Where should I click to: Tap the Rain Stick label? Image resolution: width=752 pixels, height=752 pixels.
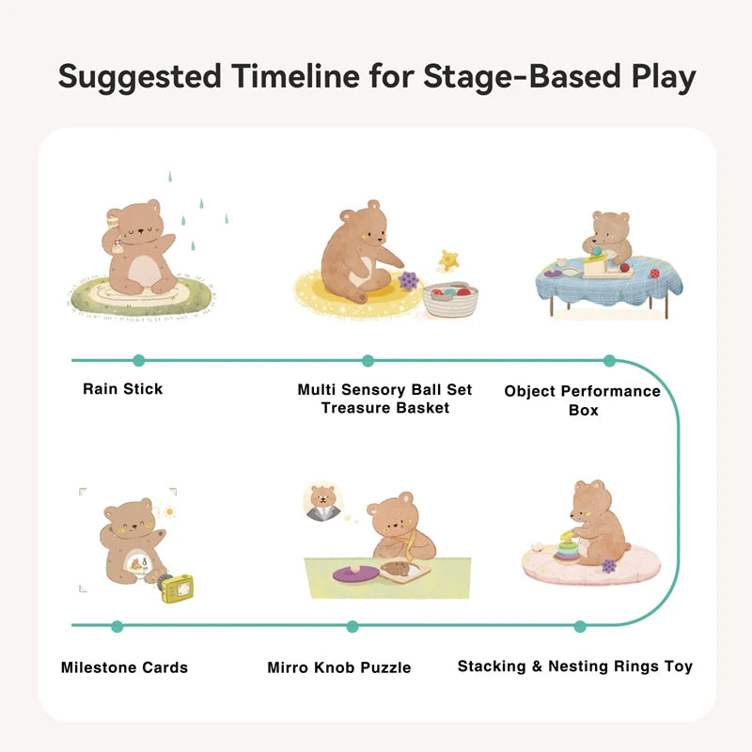[122, 388]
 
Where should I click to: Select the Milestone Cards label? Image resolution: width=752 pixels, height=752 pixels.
[124, 667]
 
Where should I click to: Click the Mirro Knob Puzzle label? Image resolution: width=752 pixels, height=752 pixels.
[339, 667]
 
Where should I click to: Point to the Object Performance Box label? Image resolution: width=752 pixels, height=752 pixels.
[583, 399]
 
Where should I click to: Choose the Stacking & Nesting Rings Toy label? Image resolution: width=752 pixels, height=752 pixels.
[574, 666]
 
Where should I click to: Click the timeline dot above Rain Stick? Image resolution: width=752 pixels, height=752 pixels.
[139, 360]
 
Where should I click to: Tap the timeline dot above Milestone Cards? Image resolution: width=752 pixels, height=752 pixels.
[117, 626]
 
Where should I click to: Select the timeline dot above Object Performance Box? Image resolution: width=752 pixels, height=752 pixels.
[609, 360]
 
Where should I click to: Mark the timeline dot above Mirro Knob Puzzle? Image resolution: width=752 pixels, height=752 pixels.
[352, 626]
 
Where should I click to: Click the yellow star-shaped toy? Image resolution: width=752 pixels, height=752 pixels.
[449, 259]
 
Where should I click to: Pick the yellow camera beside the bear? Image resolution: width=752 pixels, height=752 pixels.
[176, 587]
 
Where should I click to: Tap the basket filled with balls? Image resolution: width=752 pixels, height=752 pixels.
[450, 299]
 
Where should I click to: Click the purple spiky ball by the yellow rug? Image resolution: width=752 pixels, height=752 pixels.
[409, 280]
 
